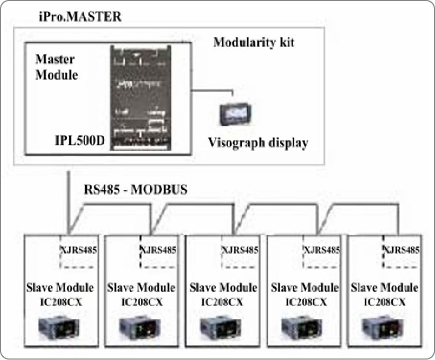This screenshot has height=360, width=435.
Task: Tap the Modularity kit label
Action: coord(253,43)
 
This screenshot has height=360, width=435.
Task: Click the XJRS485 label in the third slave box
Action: coord(240,250)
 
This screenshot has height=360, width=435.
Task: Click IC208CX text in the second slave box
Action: coord(141,302)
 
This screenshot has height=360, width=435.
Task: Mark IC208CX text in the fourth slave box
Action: coord(304,302)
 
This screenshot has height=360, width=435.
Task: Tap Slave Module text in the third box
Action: coord(223,288)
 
